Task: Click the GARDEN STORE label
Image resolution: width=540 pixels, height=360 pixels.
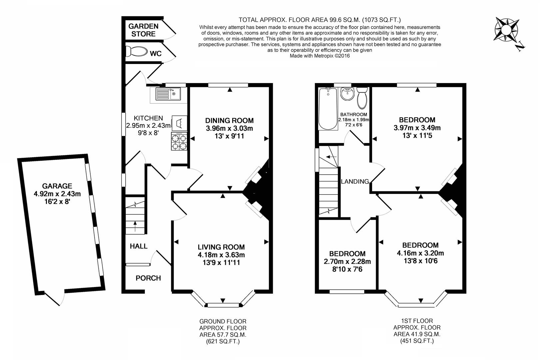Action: [143, 30]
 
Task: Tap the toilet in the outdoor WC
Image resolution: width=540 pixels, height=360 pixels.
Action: [137, 52]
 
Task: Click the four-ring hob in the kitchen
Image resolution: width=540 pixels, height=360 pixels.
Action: [179, 141]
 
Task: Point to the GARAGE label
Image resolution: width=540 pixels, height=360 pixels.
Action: [57, 186]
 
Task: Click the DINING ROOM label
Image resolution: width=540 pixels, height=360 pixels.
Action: [229, 120]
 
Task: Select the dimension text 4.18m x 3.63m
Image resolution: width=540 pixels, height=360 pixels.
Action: [221, 255]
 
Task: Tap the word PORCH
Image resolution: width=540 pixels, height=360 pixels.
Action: [148, 278]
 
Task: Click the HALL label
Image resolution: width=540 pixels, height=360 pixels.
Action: [139, 246]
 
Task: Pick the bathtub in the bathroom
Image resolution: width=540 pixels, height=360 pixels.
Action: [328, 109]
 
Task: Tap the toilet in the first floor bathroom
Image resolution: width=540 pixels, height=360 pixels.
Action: [362, 98]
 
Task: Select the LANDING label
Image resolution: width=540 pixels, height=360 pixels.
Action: [355, 181]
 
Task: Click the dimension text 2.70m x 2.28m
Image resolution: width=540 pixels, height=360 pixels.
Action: [347, 261]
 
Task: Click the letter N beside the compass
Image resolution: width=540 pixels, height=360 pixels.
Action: [520, 47]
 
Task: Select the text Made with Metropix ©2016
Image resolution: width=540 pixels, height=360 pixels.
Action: [319, 56]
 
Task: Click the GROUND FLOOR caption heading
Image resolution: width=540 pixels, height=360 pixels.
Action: [223, 321]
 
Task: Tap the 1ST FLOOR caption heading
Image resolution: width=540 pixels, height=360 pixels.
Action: [417, 321]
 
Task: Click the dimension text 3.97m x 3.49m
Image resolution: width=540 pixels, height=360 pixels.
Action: [417, 128]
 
